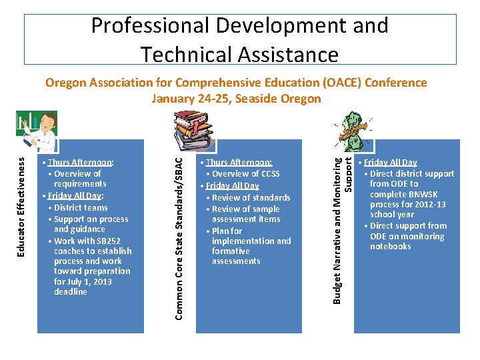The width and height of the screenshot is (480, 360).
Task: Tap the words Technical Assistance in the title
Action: tap(240, 53)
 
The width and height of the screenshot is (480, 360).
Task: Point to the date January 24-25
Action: tap(195, 99)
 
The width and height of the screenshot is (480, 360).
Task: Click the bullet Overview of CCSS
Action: tap(245, 174)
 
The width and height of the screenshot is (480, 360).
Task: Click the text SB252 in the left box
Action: tap(109, 241)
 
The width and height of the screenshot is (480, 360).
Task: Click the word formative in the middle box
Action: tap(231, 251)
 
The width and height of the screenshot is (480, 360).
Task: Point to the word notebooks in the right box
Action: tap(391, 247)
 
